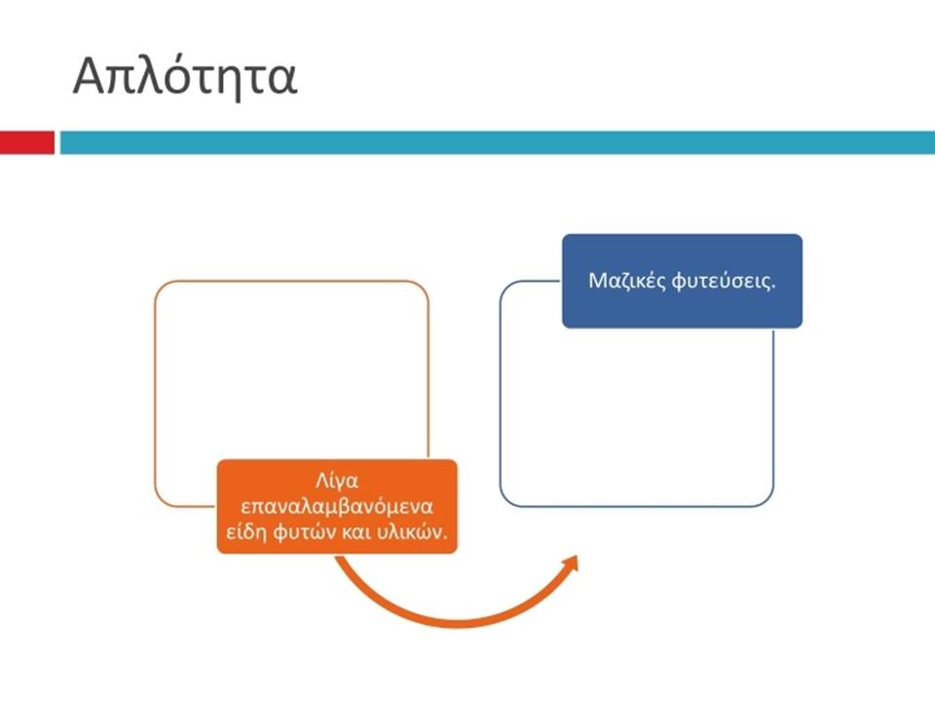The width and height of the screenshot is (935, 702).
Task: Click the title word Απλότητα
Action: tap(185, 77)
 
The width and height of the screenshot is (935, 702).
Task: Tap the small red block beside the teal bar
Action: tap(27, 142)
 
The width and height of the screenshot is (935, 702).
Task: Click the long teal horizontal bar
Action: tap(498, 142)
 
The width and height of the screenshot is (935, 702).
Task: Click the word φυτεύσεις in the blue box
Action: tap(724, 281)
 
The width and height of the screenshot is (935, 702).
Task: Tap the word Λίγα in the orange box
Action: tap(336, 481)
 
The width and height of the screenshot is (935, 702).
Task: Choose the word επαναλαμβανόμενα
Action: tap(337, 507)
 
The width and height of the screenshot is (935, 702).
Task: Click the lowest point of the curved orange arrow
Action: tap(459, 623)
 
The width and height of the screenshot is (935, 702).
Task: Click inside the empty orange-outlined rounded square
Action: tap(291, 370)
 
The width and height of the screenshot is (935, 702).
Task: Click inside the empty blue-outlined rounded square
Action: tap(636, 411)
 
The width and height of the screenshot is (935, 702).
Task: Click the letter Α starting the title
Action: tap(91, 75)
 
